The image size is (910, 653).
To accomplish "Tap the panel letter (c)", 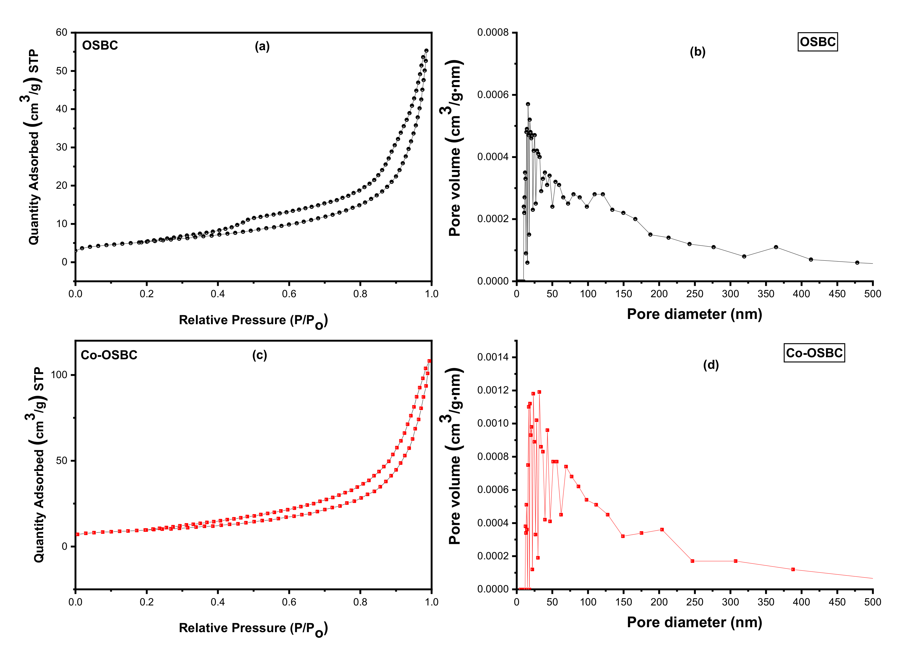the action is [260, 355].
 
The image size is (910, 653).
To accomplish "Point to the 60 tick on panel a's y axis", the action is [62, 32].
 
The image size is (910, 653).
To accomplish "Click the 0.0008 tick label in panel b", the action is [492, 32].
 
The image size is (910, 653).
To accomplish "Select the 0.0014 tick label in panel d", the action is [492, 357].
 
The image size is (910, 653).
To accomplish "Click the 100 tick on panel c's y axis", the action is [59, 375].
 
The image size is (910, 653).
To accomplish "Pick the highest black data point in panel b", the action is [528, 104].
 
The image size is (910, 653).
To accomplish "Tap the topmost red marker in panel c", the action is [429, 361].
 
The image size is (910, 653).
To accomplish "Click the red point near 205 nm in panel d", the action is [662, 530].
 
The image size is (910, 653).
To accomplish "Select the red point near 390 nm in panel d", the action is [793, 569].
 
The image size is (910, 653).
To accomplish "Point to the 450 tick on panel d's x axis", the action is [837, 602].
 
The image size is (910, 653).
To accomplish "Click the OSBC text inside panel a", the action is [100, 45].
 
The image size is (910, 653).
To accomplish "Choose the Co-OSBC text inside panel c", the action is [109, 355].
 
